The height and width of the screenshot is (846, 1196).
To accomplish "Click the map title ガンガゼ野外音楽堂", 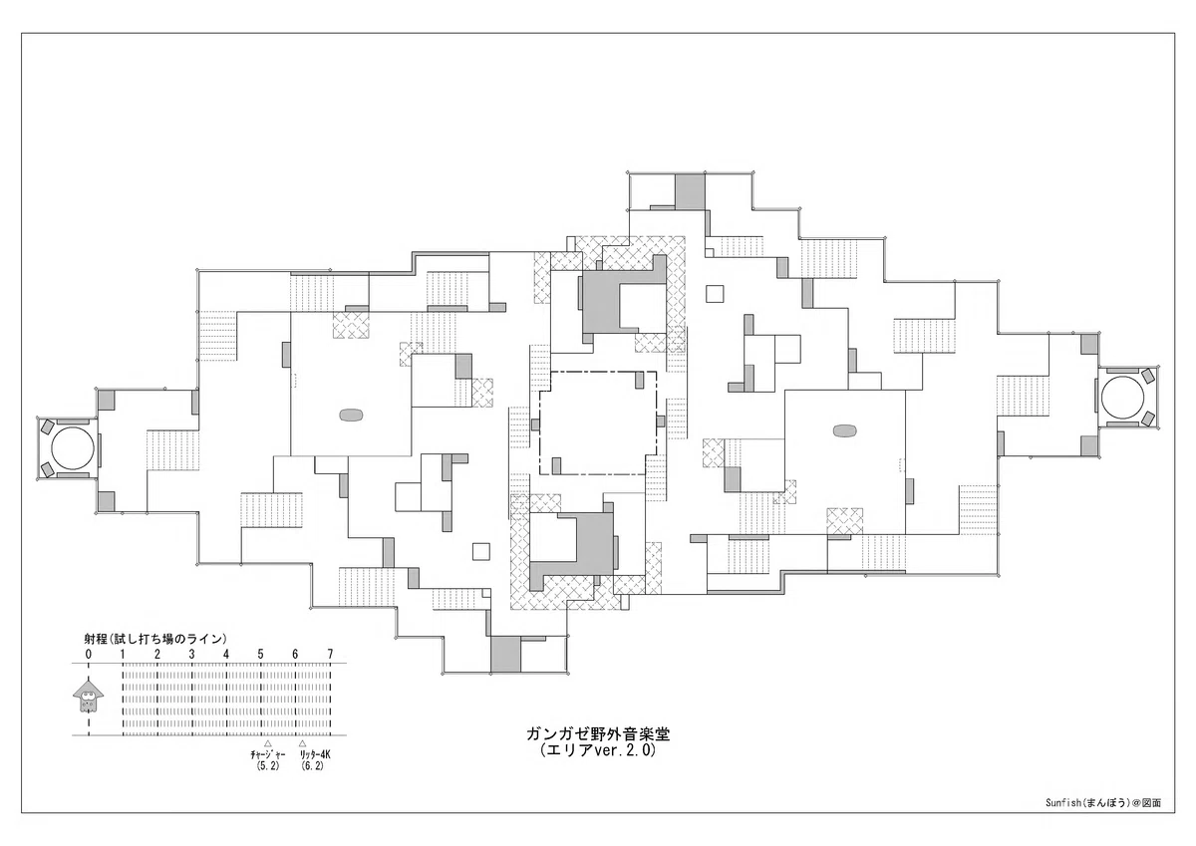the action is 598,734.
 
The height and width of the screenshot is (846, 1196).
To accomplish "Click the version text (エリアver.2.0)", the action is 597,750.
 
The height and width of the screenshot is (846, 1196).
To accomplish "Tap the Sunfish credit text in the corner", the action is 1100,818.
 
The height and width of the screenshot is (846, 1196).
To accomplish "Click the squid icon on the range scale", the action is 88,696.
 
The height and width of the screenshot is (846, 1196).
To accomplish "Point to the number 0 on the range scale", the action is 88,654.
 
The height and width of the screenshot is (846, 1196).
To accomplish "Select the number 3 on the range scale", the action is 191,654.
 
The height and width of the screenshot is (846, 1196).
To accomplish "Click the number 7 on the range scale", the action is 330,654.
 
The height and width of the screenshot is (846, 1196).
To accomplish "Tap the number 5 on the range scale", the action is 260,654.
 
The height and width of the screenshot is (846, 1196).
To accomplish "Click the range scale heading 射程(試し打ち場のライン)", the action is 155,639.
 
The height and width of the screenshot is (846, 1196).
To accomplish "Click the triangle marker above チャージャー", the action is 267,743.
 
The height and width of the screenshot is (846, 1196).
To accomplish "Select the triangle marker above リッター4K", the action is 302,743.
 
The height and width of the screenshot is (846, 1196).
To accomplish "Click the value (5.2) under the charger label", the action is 267,766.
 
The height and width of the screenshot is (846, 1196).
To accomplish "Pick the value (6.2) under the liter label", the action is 312,766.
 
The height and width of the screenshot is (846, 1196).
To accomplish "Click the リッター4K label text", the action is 315,754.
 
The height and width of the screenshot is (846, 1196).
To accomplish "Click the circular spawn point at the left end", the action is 72,447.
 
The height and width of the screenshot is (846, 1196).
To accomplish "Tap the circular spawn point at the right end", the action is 1122,398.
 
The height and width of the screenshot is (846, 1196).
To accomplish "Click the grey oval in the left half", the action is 351,415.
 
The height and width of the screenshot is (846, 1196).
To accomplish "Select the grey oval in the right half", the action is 844,430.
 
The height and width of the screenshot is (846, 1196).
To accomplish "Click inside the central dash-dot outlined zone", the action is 598,423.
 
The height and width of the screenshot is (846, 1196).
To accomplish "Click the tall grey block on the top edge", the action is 690,191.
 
